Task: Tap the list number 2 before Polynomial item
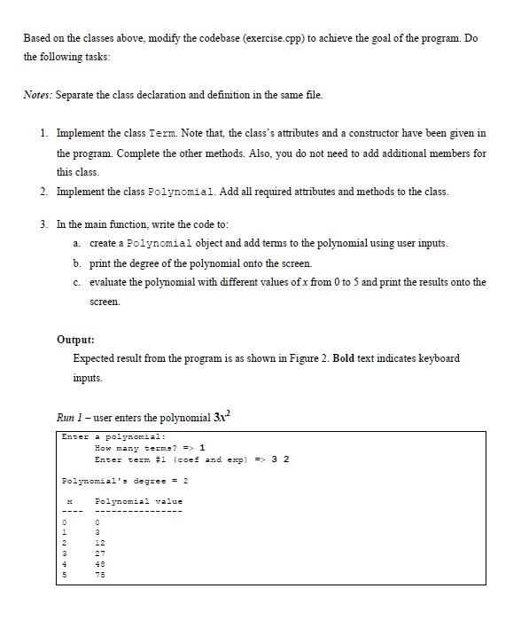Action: (44, 192)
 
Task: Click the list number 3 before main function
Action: (44, 224)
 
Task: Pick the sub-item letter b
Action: (77, 263)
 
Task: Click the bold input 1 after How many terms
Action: (203, 448)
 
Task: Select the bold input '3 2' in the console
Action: (280, 459)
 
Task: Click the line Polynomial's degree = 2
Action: (123, 481)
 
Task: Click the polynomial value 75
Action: (100, 574)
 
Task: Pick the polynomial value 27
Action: (100, 553)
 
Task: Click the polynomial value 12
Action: (100, 542)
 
